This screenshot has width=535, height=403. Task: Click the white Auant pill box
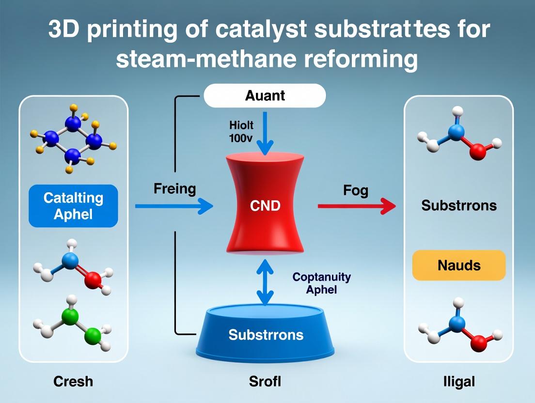[265, 95]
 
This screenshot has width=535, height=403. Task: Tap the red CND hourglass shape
[265, 206]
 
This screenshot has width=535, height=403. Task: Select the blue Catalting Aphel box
[73, 206]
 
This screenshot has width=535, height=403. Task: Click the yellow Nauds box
[459, 265]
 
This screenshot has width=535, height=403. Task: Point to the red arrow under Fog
[357, 206]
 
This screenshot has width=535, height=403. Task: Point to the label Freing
[174, 188]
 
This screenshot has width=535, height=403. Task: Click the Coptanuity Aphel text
[321, 283]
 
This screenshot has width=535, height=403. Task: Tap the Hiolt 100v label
[241, 131]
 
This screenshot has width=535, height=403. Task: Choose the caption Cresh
[73, 381]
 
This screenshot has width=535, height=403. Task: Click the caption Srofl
[265, 381]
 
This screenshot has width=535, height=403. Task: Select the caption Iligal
[458, 381]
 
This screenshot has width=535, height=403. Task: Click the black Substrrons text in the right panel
[458, 205]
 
